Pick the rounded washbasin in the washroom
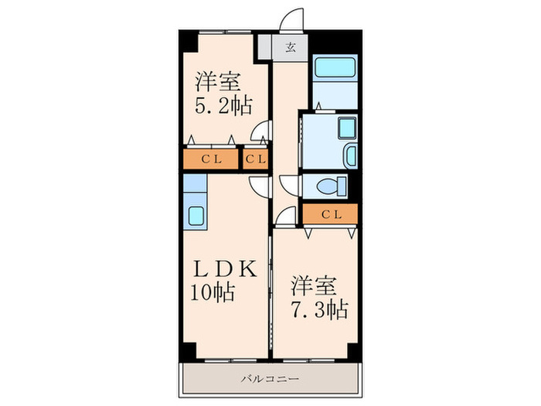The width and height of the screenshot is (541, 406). [x=350, y=155]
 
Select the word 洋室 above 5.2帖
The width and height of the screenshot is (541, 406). [x=217, y=80]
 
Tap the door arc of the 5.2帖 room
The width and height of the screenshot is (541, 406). [x=263, y=135]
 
